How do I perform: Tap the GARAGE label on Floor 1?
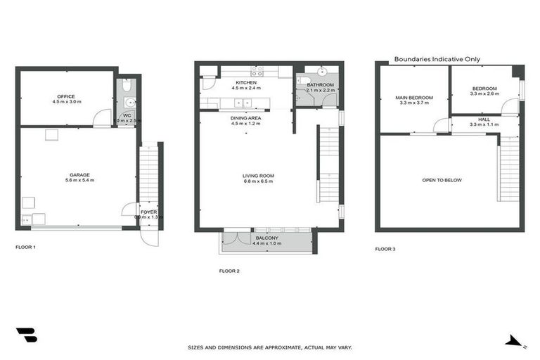click(79, 174)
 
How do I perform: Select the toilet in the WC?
click(126, 86)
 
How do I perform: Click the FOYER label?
click(148, 211)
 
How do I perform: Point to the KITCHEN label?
click(245, 83)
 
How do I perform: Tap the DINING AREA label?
click(246, 118)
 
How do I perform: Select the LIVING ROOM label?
click(257, 176)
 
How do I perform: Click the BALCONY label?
click(267, 238)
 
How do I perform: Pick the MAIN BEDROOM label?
click(414, 97)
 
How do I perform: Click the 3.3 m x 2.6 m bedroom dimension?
click(484, 94)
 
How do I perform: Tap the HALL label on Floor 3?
click(484, 120)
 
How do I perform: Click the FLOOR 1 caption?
click(25, 247)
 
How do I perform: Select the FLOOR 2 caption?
click(229, 271)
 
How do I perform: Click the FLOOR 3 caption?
click(385, 249)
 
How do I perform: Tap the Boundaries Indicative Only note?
click(437, 60)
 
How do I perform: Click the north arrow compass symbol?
click(515, 341)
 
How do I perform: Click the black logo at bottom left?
click(27, 335)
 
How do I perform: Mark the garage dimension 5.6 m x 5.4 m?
click(79, 181)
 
